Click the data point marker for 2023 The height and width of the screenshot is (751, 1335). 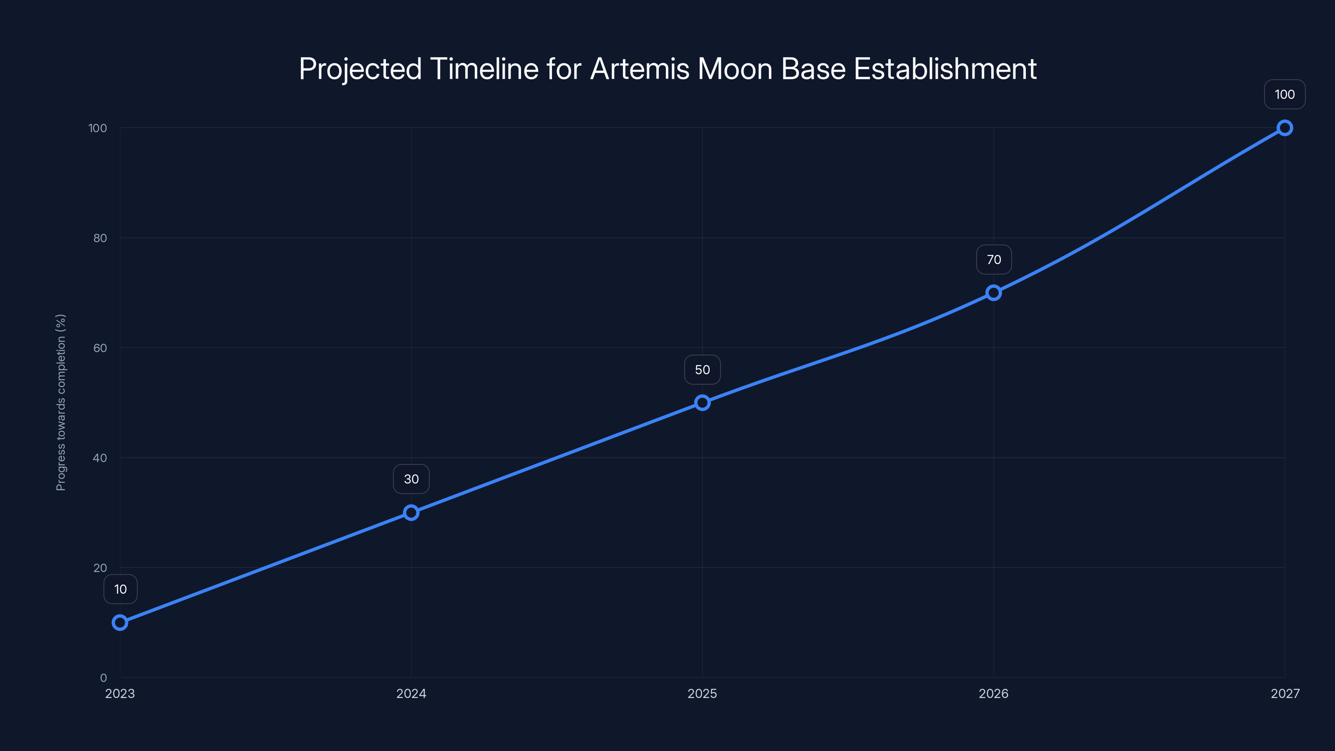(x=120, y=622)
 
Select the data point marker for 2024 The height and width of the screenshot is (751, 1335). (x=411, y=513)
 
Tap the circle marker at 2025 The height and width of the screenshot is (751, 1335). (x=702, y=403)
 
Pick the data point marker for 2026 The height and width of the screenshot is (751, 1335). (x=993, y=293)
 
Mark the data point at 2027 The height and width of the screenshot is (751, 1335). (x=1285, y=128)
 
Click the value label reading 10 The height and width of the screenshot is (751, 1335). (x=120, y=589)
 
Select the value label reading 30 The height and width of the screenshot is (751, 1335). (x=411, y=479)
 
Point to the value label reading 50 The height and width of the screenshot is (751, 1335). (x=702, y=370)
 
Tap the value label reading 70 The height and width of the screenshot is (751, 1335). (x=993, y=260)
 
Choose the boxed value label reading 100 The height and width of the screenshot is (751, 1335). (x=1285, y=94)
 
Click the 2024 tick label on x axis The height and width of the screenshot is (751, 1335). (x=411, y=693)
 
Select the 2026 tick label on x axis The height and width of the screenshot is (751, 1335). (x=993, y=693)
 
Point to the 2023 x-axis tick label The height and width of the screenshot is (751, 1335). (x=120, y=693)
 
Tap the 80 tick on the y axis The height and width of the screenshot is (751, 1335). (x=100, y=238)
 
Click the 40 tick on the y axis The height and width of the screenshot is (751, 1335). (x=100, y=458)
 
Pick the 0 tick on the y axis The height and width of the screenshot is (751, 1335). (x=103, y=678)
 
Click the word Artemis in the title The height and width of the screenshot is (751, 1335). (x=640, y=68)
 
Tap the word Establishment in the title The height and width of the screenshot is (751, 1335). (x=945, y=68)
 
